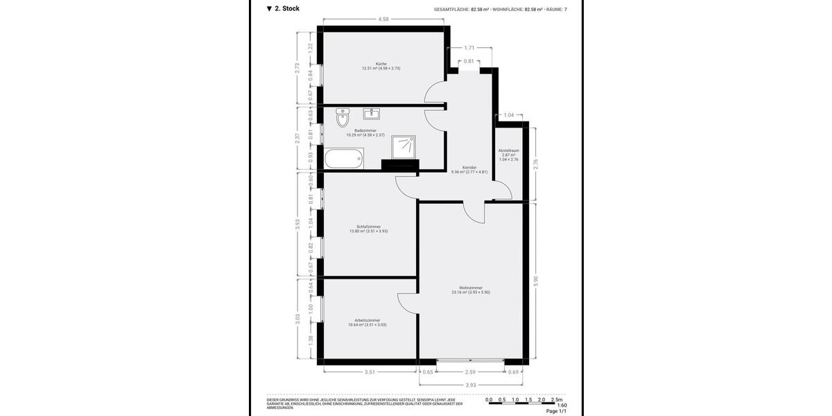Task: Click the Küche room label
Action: click(x=381, y=64)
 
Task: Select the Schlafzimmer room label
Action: click(x=368, y=227)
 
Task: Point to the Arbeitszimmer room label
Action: click(x=367, y=320)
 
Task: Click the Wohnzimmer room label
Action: click(x=471, y=288)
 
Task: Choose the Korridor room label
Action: click(x=469, y=167)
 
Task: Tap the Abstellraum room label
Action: click(x=509, y=150)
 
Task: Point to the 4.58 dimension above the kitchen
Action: click(x=383, y=19)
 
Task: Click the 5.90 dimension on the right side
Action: click(x=535, y=280)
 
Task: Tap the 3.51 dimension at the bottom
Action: click(x=370, y=372)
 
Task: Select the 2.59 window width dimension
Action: click(x=471, y=372)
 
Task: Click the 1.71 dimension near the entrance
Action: click(x=469, y=48)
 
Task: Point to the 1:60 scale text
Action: click(x=562, y=406)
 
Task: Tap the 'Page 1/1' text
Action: click(x=556, y=412)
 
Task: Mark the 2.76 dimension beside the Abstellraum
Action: click(x=535, y=164)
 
